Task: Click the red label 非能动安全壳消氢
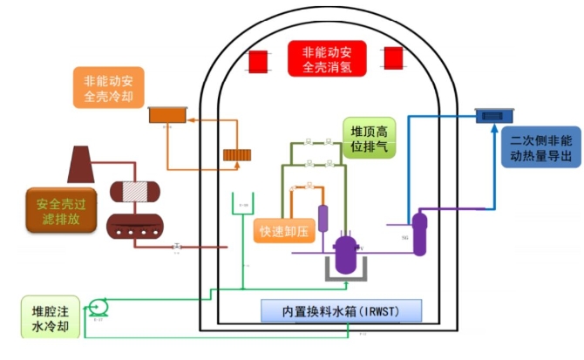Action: coord(326,58)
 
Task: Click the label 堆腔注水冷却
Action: coord(46,318)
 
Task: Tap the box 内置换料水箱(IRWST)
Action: coord(340,311)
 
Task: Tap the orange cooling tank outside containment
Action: coord(167,113)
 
